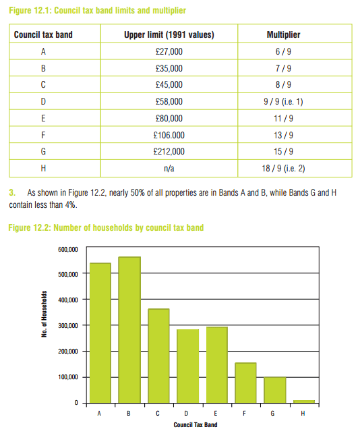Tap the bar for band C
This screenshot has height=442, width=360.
[x=158, y=356]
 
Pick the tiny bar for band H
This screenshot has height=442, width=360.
[x=303, y=401]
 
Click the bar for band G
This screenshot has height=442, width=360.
[x=274, y=390]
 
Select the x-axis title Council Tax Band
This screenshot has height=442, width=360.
[x=196, y=425]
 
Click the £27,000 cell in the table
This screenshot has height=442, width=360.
[x=169, y=51]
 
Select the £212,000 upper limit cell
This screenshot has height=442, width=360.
[x=169, y=150]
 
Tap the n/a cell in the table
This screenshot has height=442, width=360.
[x=169, y=167]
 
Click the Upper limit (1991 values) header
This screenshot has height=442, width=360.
[x=169, y=34]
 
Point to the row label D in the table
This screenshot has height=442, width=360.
[x=43, y=101]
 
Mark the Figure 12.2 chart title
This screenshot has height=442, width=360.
[x=106, y=227]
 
